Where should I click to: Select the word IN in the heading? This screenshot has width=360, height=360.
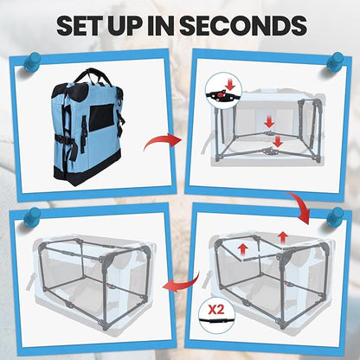162,25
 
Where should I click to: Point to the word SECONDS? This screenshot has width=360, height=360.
243,25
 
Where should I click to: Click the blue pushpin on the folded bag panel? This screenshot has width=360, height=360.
31,61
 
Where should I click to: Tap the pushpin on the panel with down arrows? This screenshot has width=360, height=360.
336,61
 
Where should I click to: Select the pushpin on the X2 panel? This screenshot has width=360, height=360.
336,215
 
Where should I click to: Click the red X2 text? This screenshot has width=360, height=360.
216,310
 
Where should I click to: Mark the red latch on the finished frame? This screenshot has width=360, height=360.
110,286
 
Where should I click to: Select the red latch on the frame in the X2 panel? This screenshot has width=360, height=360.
288,284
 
